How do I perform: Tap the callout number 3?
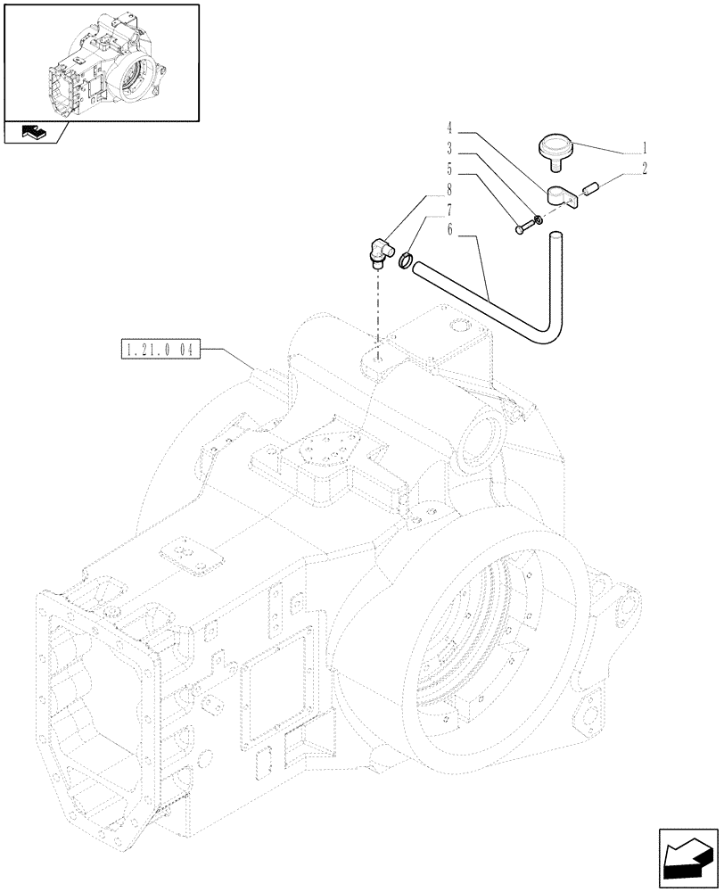(x=451, y=149)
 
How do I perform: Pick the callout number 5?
(x=451, y=169)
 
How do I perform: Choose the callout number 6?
(x=451, y=229)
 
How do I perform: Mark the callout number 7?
(x=451, y=210)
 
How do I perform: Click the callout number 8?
(x=451, y=189)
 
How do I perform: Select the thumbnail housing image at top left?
(x=101, y=62)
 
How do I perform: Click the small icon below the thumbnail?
(x=33, y=133)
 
